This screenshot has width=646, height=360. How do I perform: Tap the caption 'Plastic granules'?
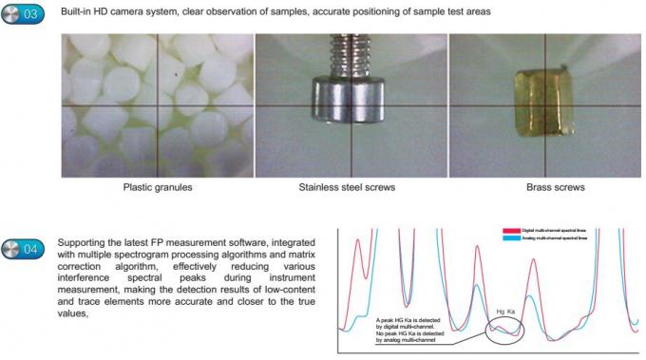click(x=158, y=187)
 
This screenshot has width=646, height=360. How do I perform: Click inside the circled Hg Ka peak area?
click(x=506, y=330)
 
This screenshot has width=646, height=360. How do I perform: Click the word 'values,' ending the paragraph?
click(x=72, y=313)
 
